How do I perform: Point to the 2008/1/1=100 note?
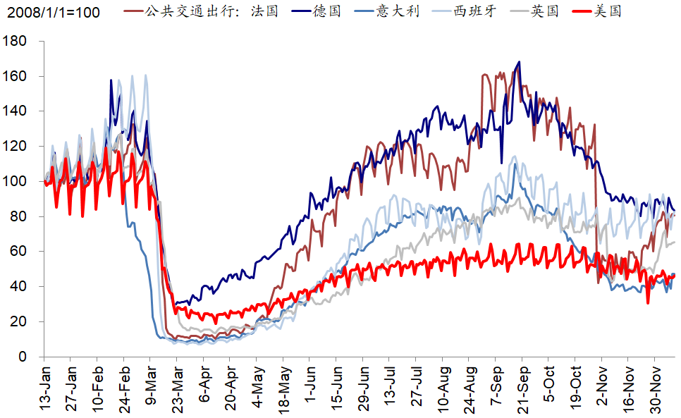[x=54, y=13]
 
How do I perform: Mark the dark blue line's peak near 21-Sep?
[x=520, y=62]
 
